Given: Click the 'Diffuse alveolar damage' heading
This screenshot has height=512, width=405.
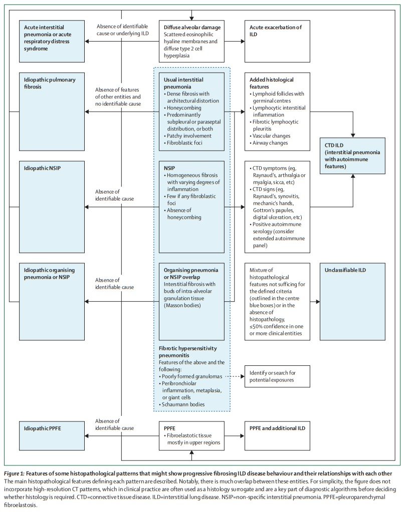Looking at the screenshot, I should [x=192, y=27].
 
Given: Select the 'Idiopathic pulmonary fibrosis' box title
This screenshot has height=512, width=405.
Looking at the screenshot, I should [x=49, y=84].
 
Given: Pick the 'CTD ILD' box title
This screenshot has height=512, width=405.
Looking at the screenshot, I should [x=337, y=145].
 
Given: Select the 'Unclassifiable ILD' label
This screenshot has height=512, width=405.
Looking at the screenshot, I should [x=345, y=270].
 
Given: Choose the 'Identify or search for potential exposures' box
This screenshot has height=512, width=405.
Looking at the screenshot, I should [x=277, y=376].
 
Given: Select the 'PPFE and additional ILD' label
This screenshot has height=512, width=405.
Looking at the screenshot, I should [x=277, y=428].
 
